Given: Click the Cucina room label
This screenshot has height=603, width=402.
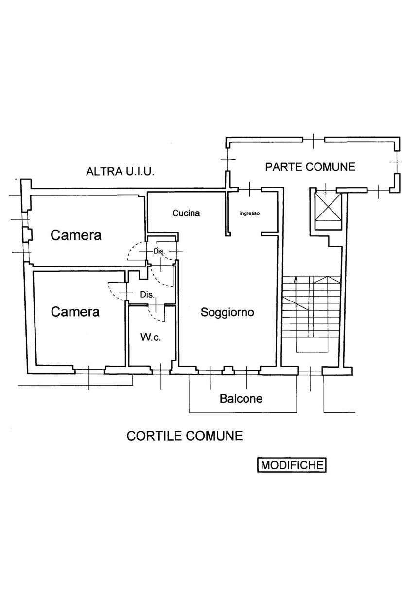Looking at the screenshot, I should click(x=186, y=213).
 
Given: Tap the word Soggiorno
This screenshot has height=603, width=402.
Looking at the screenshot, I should click(x=227, y=312).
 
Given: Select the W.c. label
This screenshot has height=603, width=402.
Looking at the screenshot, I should click(x=151, y=337).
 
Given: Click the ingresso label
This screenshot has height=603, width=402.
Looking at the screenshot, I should click(x=250, y=213).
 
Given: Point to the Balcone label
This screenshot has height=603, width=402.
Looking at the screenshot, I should click(x=241, y=399).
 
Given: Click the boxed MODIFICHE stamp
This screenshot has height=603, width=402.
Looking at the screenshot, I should click(x=292, y=465).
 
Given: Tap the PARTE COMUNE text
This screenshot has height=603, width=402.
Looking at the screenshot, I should click(x=310, y=167).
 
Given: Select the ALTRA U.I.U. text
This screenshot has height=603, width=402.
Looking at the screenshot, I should click(x=120, y=171).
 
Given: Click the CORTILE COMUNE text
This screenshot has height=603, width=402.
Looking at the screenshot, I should click(x=184, y=436).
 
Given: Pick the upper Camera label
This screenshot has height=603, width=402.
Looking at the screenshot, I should click(x=76, y=235).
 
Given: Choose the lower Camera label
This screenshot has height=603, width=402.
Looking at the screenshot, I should click(x=75, y=312).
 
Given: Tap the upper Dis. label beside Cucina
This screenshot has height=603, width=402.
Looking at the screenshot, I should click(x=159, y=251).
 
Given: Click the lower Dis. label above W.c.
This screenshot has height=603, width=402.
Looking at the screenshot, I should click(x=147, y=294).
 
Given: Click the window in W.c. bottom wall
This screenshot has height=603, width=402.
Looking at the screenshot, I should click(x=161, y=371).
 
